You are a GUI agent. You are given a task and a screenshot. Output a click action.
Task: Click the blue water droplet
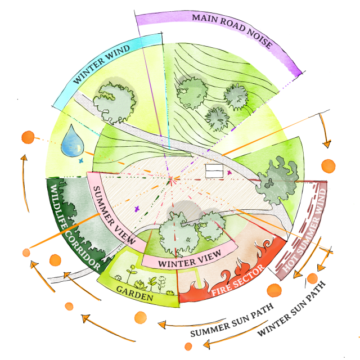[71, 141]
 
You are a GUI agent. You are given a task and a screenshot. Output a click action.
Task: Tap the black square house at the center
[214, 170]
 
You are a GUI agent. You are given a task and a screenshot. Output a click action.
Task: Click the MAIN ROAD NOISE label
[232, 33]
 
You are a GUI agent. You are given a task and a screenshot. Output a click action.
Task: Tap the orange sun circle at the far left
[26, 137]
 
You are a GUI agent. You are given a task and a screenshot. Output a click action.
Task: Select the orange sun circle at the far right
[328, 166]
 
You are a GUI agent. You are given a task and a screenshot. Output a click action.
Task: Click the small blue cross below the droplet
[81, 161]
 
